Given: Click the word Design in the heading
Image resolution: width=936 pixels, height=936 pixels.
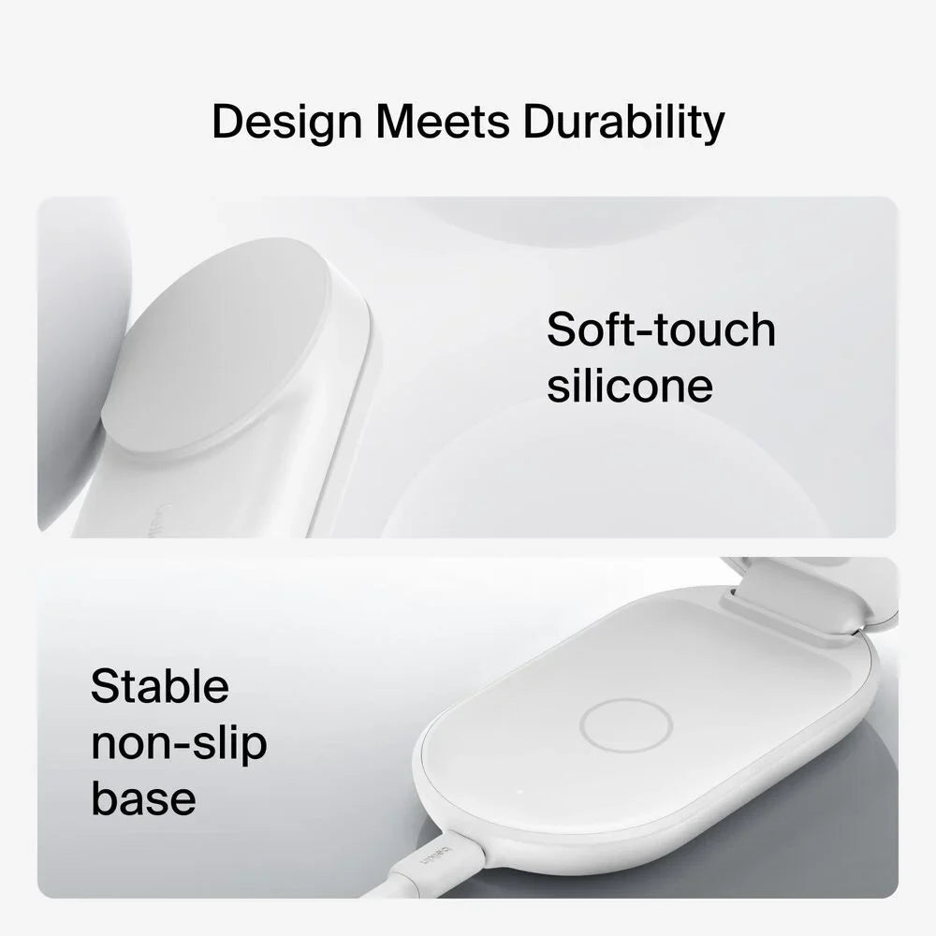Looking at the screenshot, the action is (287, 123).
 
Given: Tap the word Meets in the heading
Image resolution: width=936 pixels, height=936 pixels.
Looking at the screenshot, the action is (443, 122).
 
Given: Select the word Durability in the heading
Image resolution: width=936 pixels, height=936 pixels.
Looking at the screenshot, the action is (623, 123).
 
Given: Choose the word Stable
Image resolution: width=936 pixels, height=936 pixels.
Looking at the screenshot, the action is (159, 686).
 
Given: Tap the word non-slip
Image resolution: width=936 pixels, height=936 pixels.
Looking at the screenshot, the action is (179, 743).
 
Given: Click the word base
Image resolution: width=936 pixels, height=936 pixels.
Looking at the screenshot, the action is (143, 798).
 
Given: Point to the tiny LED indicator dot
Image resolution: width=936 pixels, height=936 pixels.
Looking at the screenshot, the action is (519, 792).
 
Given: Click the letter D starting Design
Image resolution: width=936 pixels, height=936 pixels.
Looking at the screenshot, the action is (227, 122).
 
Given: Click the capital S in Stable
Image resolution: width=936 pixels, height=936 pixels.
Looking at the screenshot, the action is (105, 686).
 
